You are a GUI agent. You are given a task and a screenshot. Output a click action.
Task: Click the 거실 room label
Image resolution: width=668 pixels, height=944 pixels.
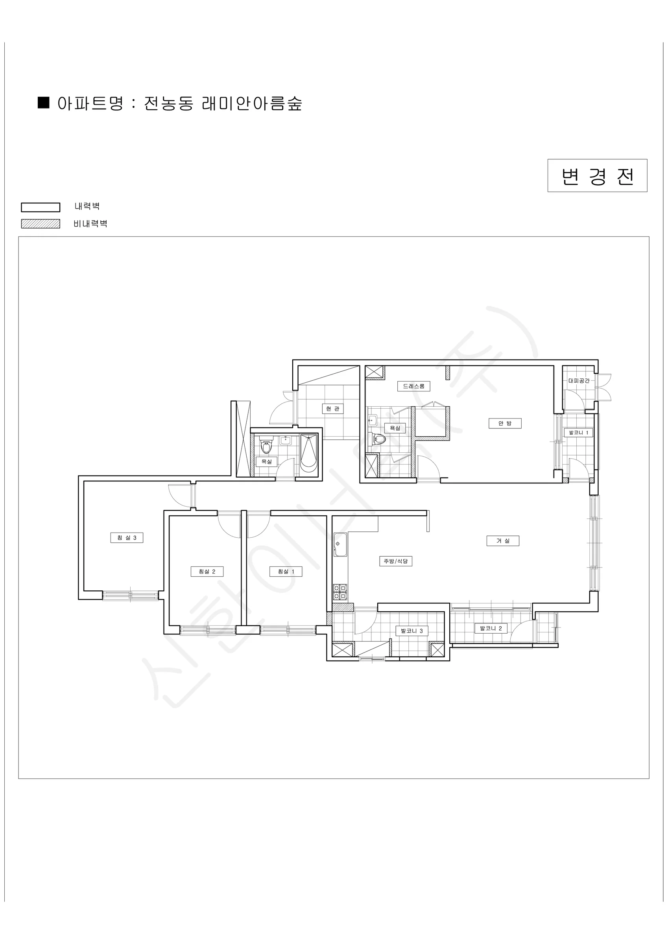pyautogui.click(x=502, y=541)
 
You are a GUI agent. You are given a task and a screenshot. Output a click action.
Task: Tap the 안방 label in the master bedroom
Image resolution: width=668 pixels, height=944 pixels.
pyautogui.click(x=505, y=423)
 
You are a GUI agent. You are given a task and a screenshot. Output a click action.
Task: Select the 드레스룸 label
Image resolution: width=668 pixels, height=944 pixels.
pyautogui.click(x=413, y=386)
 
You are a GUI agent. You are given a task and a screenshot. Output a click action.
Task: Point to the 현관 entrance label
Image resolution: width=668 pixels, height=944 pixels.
pyautogui.click(x=332, y=408)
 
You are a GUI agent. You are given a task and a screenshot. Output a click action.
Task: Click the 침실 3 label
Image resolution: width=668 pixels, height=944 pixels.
pyautogui.click(x=127, y=537)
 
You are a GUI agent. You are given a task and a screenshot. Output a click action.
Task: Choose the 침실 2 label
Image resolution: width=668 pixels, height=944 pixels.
pyautogui.click(x=207, y=571)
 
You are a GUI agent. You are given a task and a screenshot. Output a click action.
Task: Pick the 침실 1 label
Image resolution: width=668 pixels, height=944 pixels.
pyautogui.click(x=286, y=571)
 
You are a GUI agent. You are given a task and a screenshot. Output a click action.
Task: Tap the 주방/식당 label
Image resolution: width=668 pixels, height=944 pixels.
pyautogui.click(x=395, y=561)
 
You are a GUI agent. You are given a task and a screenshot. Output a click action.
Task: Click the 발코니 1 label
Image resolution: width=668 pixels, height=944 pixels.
pyautogui.click(x=578, y=432)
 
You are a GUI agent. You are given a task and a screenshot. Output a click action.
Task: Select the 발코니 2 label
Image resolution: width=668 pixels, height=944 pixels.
pyautogui.click(x=491, y=628)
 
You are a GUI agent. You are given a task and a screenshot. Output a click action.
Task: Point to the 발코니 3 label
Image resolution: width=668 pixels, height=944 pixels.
pyautogui.click(x=412, y=631)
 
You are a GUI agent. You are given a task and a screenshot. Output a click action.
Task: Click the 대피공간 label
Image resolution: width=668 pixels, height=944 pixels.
pyautogui.click(x=579, y=381)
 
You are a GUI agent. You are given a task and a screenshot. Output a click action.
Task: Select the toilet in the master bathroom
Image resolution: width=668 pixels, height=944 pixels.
pyautogui.click(x=378, y=439)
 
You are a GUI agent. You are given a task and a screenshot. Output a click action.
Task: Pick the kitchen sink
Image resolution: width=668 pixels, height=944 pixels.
pyautogui.click(x=340, y=544)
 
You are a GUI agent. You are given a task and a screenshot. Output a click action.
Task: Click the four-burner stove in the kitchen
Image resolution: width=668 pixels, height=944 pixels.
pyautogui.click(x=340, y=592)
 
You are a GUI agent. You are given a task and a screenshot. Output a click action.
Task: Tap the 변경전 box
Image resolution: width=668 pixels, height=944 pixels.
pyautogui.click(x=597, y=175)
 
